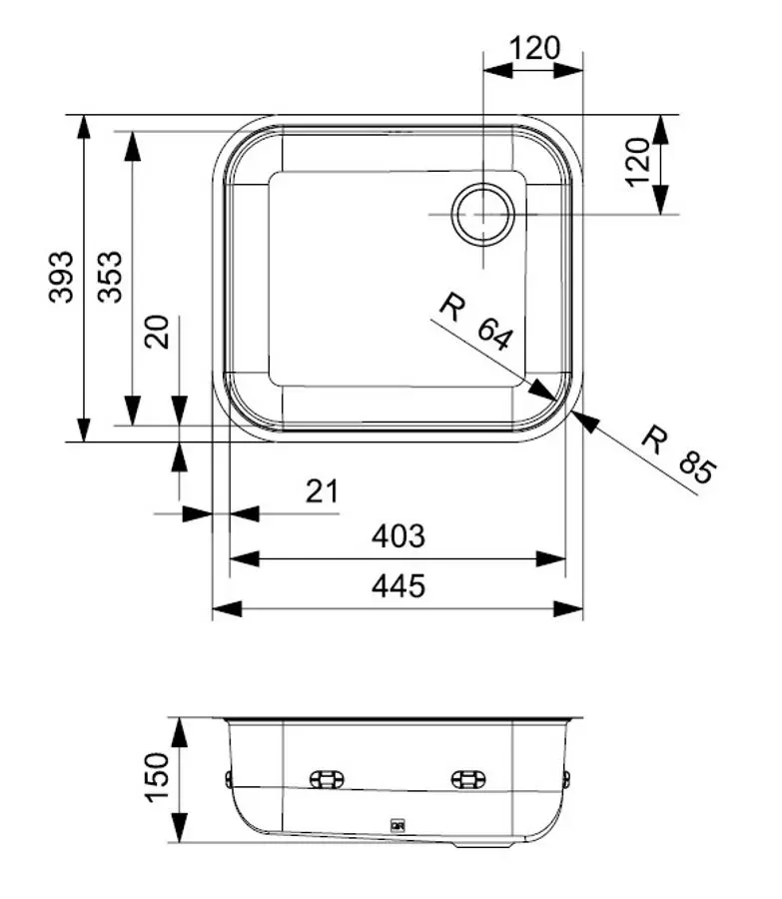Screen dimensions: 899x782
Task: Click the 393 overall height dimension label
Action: [62, 277]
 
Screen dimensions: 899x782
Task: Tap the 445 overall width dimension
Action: [397, 585]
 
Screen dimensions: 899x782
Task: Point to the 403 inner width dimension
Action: [397, 536]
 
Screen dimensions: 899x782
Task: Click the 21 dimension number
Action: [321, 490]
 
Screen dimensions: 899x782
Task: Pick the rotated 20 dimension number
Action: [158, 331]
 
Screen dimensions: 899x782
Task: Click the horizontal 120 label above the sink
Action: [534, 48]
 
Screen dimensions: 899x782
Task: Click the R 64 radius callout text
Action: [476, 322]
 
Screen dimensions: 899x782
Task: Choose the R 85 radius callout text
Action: [678, 454]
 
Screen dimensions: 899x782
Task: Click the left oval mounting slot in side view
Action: [327, 779]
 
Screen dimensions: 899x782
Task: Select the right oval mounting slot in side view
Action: [467, 779]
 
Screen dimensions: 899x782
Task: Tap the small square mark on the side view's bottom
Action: [396, 825]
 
